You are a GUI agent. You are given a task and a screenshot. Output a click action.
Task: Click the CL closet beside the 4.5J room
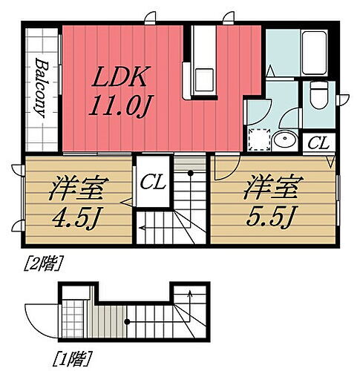pyautogui.click(x=154, y=180)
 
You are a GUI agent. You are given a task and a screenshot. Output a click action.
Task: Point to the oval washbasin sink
pyautogui.click(x=283, y=139)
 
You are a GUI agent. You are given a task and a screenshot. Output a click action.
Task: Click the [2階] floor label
pyautogui.click(x=44, y=260)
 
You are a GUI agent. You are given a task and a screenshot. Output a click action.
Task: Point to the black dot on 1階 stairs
pyautogui.click(x=127, y=321)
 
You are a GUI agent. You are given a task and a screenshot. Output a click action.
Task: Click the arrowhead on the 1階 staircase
pyautogui.click(x=191, y=295)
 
